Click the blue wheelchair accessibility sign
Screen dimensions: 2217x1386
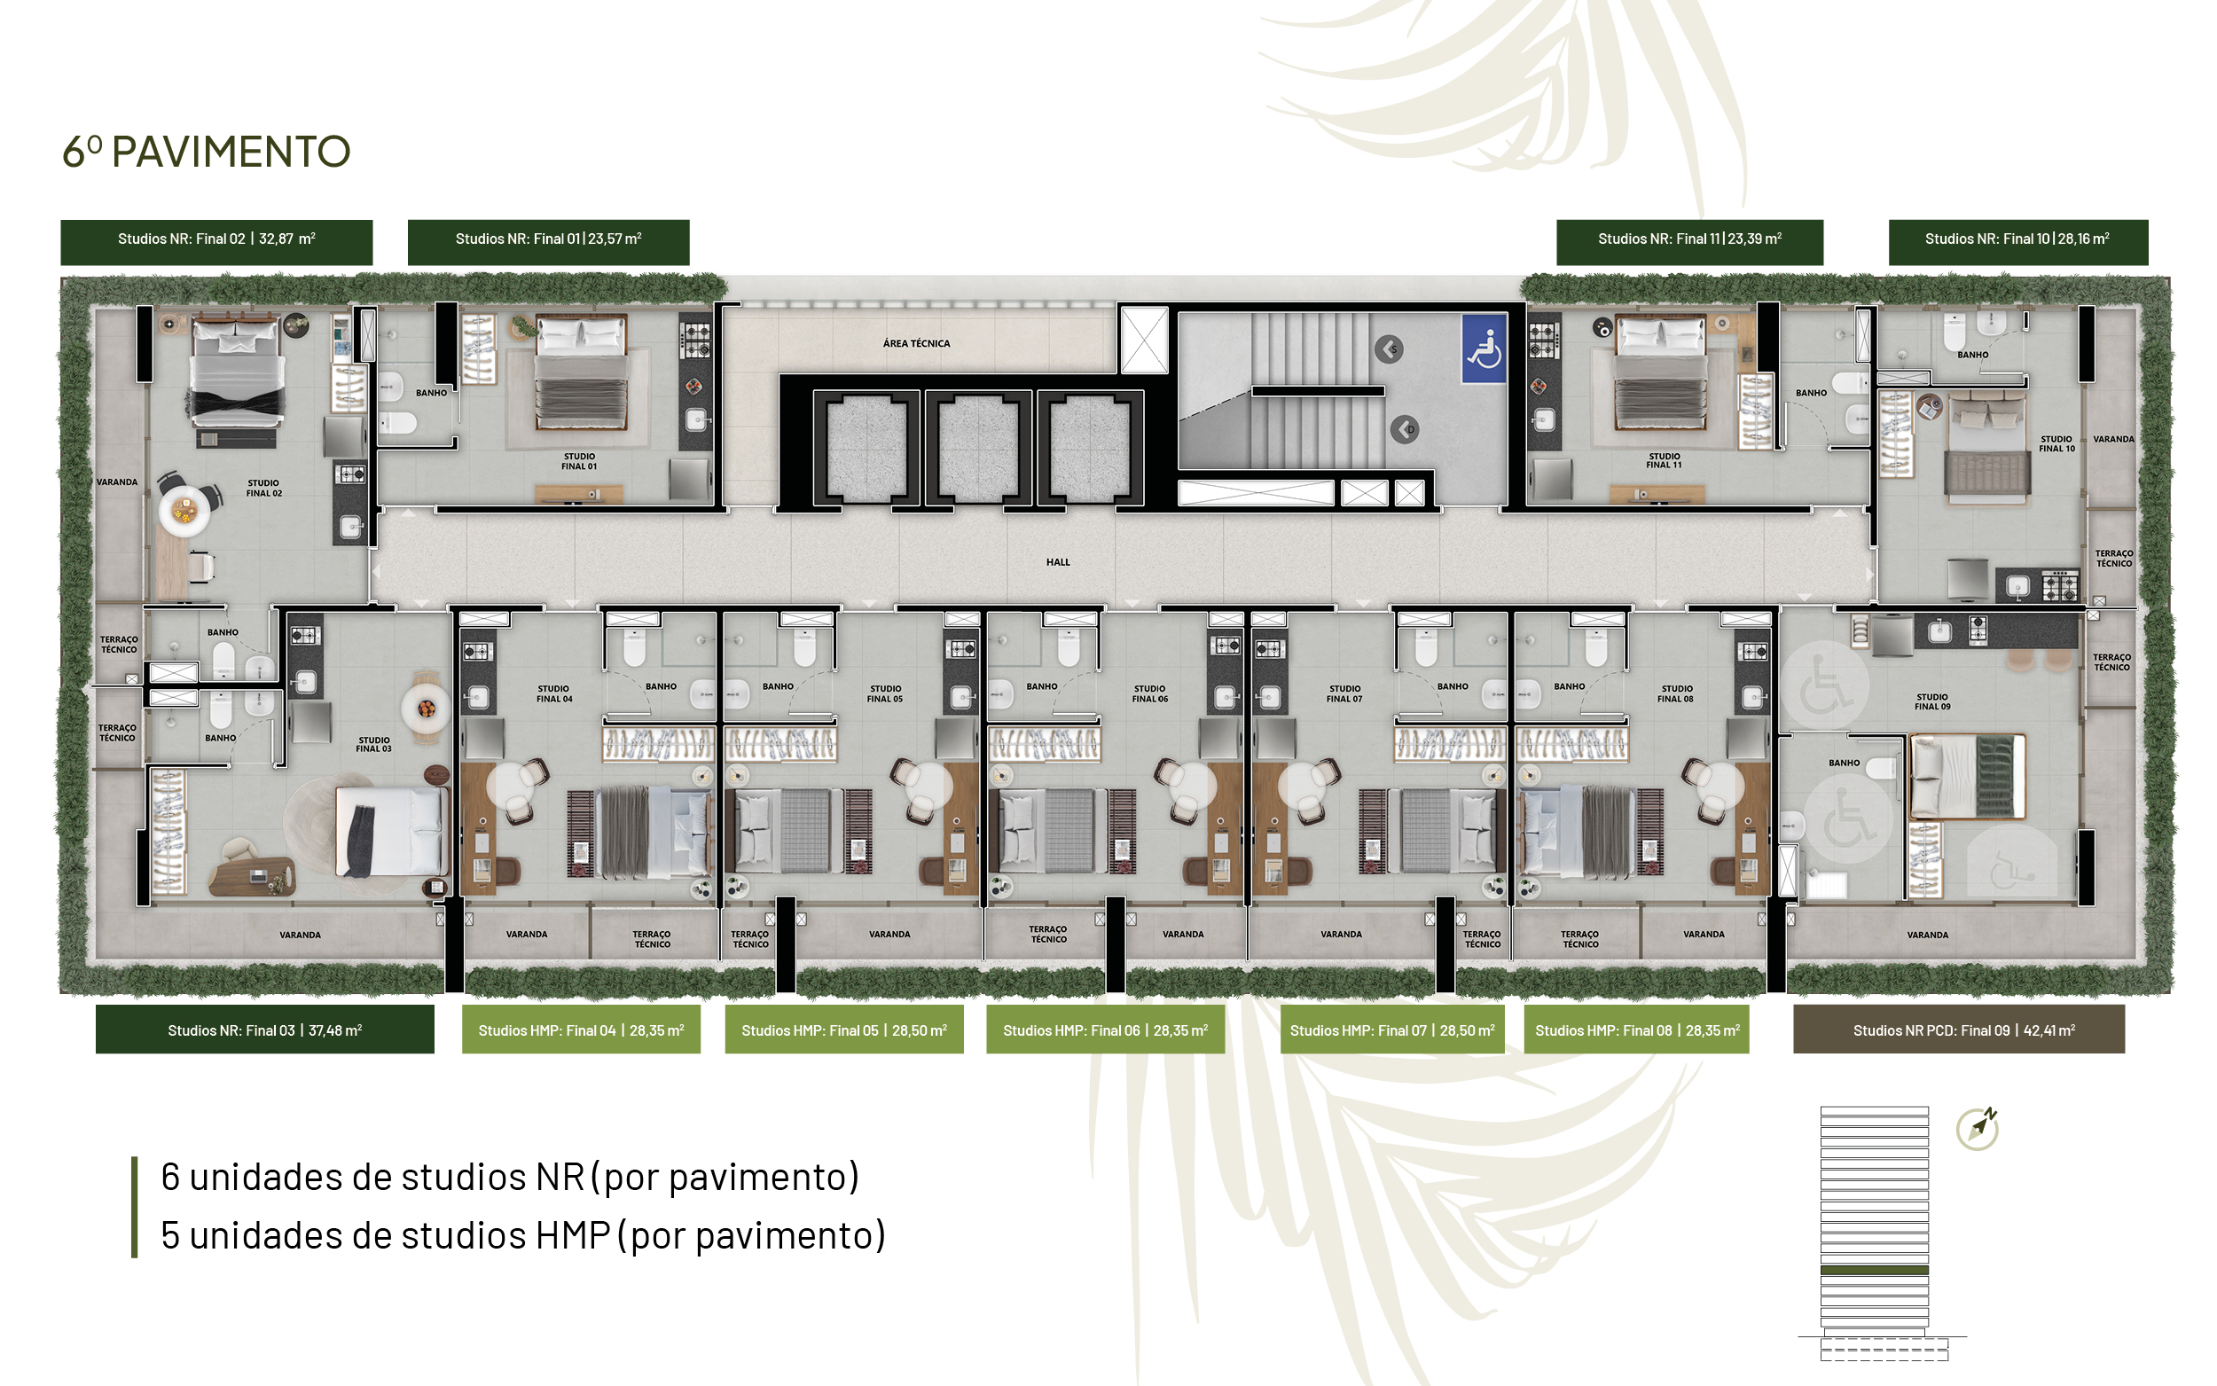1484,348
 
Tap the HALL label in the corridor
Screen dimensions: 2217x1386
1058,562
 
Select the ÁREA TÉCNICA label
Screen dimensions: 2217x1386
916,344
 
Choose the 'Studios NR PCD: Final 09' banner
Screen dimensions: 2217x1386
1959,1030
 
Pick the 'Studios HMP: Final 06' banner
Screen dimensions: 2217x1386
1105,1030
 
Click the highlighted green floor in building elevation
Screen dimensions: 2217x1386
1874,1271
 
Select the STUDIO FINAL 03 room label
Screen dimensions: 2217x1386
374,744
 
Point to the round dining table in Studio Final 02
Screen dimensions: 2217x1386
184,511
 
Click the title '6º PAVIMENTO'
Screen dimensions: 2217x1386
207,153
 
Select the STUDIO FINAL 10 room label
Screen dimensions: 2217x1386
2056,443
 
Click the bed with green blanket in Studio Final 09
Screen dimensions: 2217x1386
1967,776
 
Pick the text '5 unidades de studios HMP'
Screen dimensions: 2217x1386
385,1235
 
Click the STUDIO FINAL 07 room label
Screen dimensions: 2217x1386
1344,694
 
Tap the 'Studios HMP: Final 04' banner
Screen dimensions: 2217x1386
581,1030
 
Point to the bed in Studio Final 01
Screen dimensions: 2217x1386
581,372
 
